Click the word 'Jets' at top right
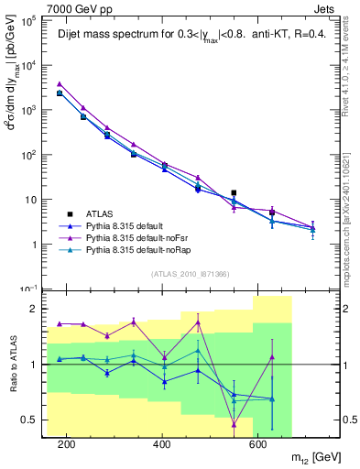325,7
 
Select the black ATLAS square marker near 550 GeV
234,193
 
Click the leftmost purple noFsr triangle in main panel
60,83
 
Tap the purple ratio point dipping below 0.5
234,424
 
